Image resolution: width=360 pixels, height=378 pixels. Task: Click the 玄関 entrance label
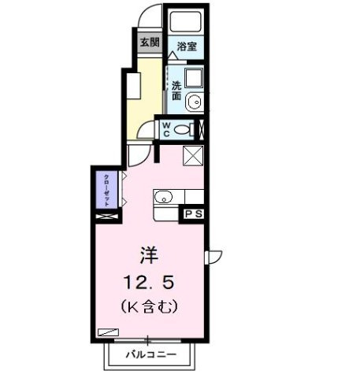148,42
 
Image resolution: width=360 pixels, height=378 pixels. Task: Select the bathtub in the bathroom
187,23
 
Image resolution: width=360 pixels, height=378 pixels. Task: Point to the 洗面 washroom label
176,91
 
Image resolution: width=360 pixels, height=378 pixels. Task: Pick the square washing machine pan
194,78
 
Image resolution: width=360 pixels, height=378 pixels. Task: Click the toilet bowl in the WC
184,130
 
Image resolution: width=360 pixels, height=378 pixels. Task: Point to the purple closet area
105,189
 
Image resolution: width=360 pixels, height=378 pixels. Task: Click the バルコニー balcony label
150,355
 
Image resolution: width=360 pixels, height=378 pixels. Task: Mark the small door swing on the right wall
211,256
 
